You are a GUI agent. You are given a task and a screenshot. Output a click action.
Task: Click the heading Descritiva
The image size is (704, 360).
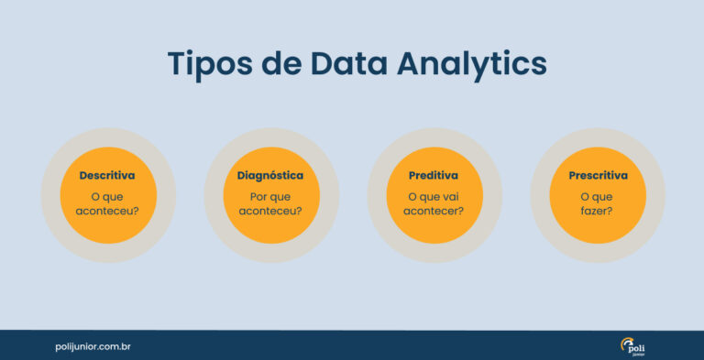pyautogui.click(x=107, y=175)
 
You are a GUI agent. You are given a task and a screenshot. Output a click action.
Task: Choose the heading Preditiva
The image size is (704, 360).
pyautogui.click(x=433, y=175)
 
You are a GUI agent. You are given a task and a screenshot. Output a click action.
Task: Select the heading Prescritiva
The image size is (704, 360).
pyautogui.click(x=598, y=175)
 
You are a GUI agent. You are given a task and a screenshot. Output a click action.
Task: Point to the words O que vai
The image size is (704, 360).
pyautogui.click(x=433, y=195)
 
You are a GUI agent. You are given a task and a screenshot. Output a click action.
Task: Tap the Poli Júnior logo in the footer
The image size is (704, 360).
pyautogui.click(x=632, y=346)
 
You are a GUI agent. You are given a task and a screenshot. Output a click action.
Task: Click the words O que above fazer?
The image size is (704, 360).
pyautogui.click(x=597, y=195)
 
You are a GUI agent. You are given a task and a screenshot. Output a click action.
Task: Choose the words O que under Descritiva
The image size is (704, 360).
pyautogui.click(x=107, y=195)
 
